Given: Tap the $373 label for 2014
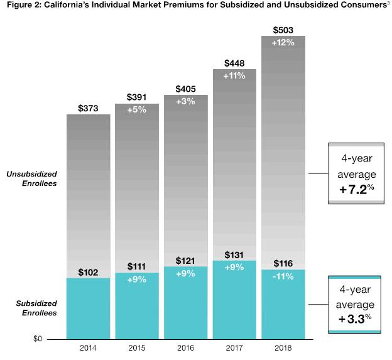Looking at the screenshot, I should coord(89,108).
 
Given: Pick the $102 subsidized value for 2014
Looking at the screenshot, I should coord(89,273).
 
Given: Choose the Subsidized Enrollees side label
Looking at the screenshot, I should coord(36,308).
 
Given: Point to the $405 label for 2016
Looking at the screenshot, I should coord(186,89).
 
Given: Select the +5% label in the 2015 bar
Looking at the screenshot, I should coord(137,109).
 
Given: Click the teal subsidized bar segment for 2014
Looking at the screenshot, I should coord(89,309).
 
